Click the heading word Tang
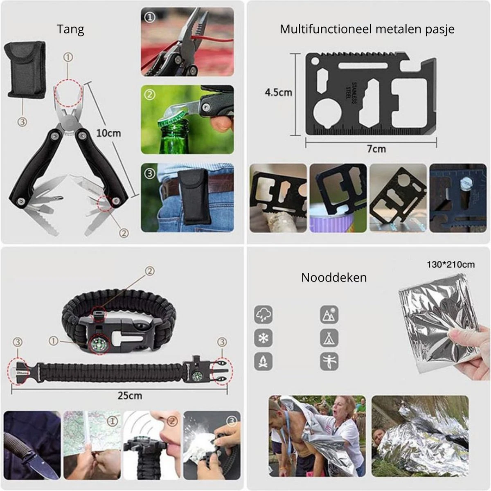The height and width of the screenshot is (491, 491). point(70,29)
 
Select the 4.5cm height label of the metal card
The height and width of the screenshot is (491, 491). point(278,92)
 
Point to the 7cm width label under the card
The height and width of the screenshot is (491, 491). point(376,149)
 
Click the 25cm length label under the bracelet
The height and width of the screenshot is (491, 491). point(130,395)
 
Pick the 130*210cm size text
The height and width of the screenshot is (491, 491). point(450,264)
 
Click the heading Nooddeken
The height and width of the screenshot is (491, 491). point(334,277)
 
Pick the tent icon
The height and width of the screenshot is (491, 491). point(329,338)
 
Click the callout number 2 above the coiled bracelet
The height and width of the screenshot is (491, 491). point(150,271)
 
